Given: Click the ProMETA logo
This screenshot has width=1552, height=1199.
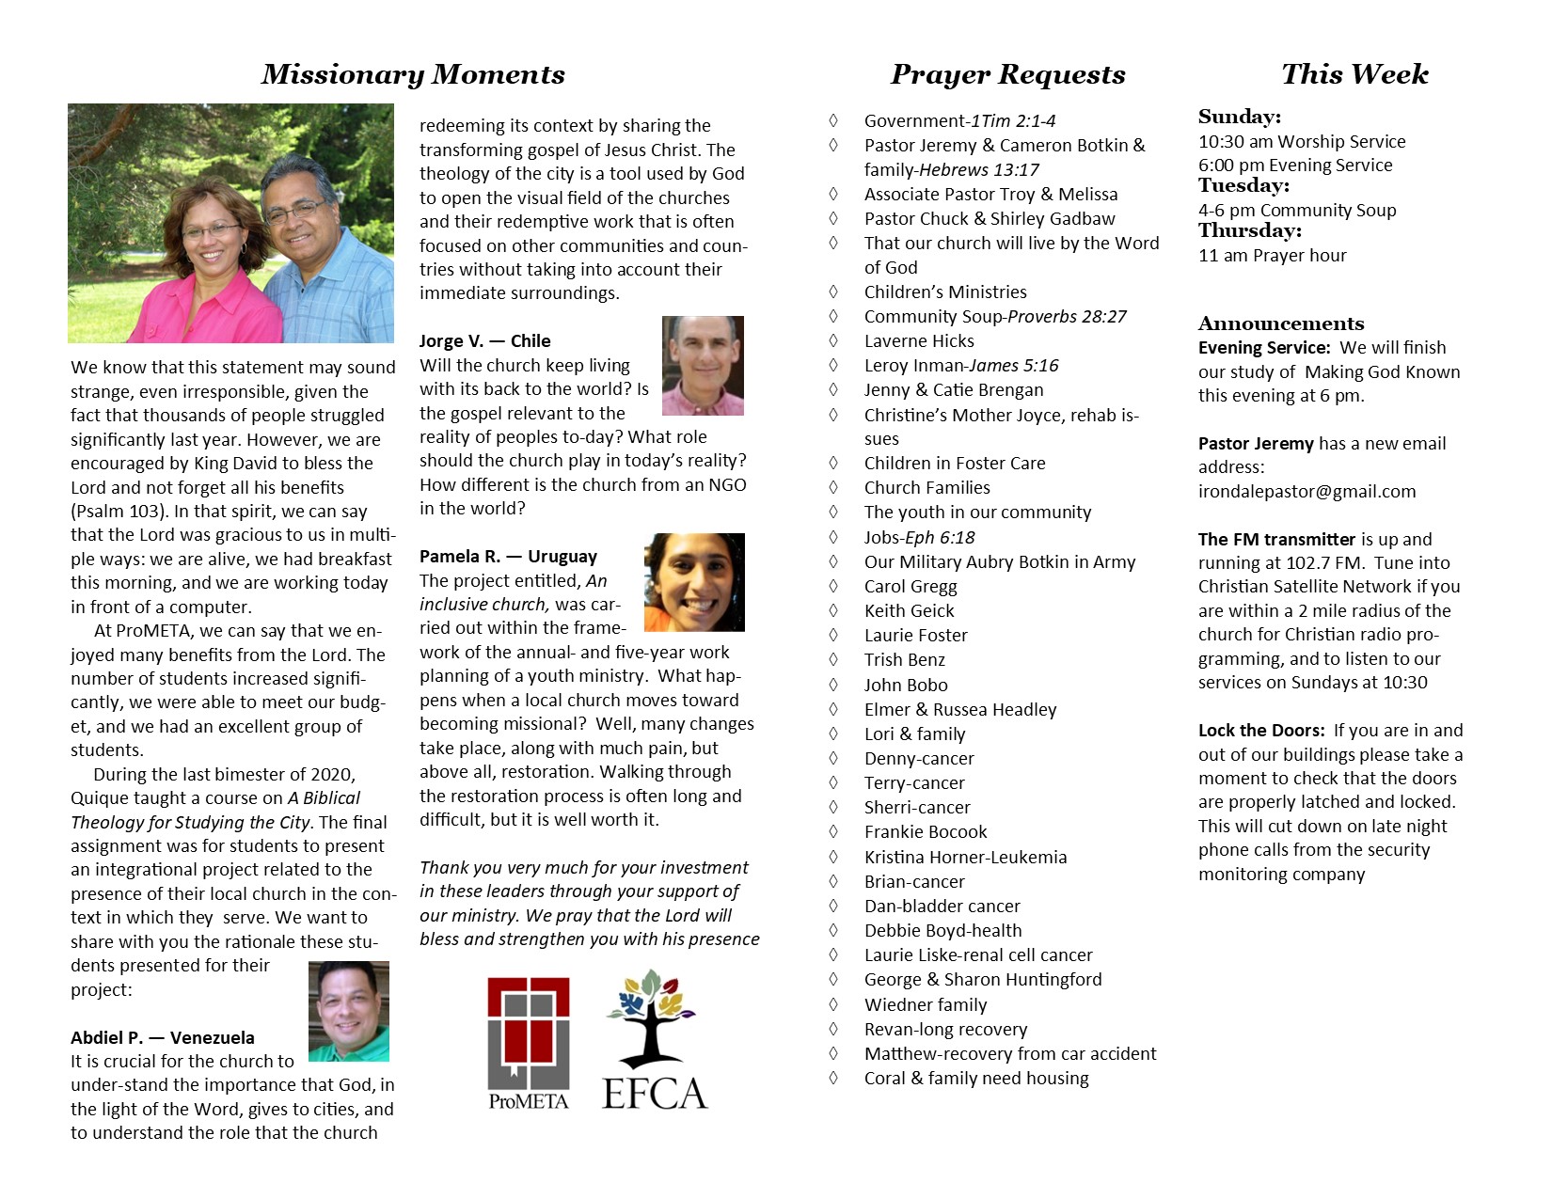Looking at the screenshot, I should point(529,1042).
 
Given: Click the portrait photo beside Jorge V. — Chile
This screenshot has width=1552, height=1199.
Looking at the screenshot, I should point(703,366).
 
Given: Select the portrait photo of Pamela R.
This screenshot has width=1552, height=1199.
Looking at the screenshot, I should point(694,582).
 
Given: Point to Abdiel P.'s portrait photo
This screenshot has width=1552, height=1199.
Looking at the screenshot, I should point(349,1011).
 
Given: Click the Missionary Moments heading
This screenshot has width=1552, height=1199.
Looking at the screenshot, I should point(413,74).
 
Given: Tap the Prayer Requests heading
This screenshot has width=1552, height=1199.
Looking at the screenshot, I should point(1007,74).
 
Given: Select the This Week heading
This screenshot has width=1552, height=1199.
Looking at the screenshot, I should point(1354,74).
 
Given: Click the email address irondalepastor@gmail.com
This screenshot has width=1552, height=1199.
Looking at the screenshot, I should point(1307,492).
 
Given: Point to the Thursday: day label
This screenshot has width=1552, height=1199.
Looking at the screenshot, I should point(1249,231).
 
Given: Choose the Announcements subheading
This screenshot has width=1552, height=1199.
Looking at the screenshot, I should point(1280,323).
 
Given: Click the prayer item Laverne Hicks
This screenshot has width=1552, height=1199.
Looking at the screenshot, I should point(919,341).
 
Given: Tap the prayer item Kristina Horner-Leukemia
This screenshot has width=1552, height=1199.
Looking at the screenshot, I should point(965,857).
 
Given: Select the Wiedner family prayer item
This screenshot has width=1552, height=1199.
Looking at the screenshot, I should point(926,1004).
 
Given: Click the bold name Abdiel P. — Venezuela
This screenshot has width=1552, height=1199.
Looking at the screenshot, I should point(163,1037).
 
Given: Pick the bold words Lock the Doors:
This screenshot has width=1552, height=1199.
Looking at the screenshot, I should point(1261,731).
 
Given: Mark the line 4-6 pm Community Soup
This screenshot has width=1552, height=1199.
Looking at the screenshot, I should point(1297,211).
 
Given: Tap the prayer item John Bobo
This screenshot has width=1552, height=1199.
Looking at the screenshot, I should point(906,685).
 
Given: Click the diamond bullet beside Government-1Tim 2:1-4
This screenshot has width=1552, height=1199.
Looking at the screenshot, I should point(833,120).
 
